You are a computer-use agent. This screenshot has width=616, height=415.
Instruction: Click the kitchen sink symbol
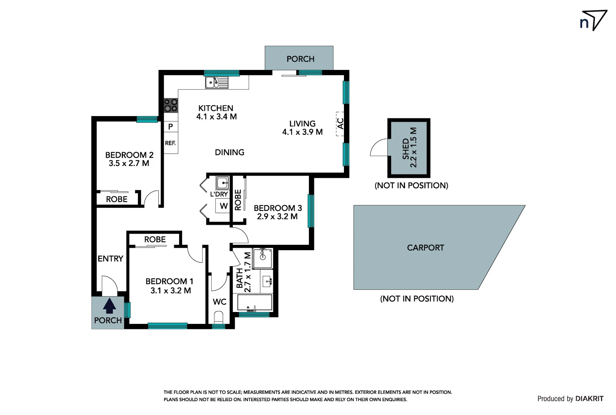pyautogui.click(x=217, y=83)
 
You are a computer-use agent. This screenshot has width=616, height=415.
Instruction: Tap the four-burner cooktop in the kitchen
pyautogui.click(x=171, y=105)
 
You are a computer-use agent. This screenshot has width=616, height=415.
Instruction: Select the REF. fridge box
pyautogui.click(x=171, y=143)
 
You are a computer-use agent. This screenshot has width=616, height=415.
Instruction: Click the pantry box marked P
pyautogui.click(x=171, y=126)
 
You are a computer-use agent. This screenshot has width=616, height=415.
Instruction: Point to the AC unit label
pyautogui.click(x=340, y=124)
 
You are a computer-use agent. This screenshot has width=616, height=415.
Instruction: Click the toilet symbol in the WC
pyautogui.click(x=218, y=317)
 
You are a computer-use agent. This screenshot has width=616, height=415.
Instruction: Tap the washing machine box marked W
pyautogui.click(x=223, y=206)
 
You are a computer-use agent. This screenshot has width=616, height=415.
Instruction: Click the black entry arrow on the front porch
pyautogui.click(x=109, y=306)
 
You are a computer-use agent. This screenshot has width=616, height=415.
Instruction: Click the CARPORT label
pyautogui.click(x=425, y=248)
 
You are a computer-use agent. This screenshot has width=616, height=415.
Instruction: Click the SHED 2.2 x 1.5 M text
pyautogui.click(x=409, y=148)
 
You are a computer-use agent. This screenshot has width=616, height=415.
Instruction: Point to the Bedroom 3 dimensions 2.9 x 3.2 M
pyautogui.click(x=277, y=217)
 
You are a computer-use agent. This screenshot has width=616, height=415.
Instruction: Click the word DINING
pyautogui.click(x=229, y=153)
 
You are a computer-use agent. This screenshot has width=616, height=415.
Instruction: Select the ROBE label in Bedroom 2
pyautogui.click(x=116, y=199)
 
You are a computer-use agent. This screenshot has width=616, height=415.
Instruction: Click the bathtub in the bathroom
pyautogui.click(x=255, y=303)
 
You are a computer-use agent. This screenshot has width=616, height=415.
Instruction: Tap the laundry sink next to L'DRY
pyautogui.click(x=222, y=183)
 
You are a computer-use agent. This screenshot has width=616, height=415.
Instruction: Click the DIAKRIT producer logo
pyautogui.click(x=589, y=399)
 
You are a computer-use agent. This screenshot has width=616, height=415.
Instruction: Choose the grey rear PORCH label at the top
pyautogui.click(x=300, y=59)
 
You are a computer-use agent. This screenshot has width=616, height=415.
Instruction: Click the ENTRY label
pyautogui.click(x=110, y=259)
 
